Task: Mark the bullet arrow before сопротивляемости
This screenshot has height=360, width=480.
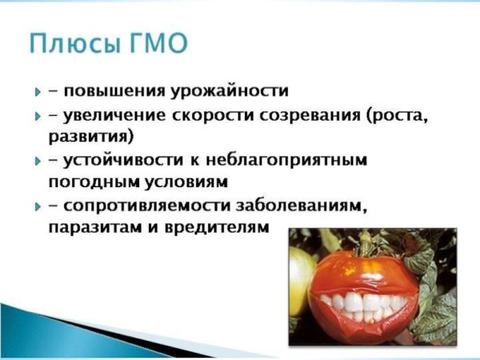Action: [x=37, y=207]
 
